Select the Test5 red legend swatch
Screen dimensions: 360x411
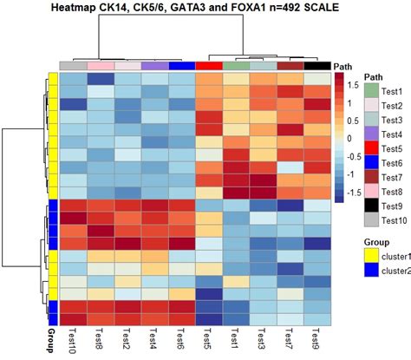point(371,147)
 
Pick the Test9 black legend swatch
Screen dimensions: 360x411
point(371,206)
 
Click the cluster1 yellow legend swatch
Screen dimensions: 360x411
point(371,254)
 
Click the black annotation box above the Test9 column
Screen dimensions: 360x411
point(316,66)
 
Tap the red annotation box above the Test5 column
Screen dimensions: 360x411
point(209,66)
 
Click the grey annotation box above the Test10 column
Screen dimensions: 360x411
point(73,66)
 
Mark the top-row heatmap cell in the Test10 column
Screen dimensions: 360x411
point(73,80)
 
